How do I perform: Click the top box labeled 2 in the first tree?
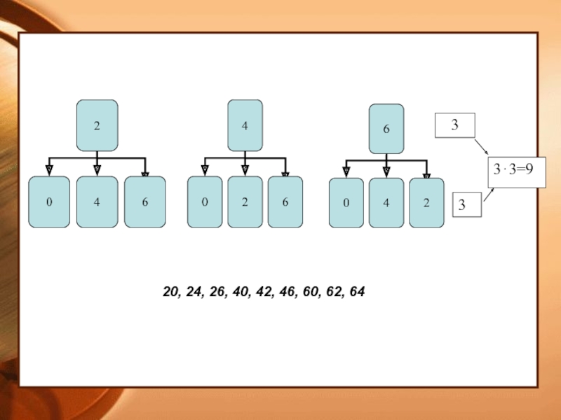pyautogui.click(x=97, y=125)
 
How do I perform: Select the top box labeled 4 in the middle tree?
pyautogui.click(x=245, y=125)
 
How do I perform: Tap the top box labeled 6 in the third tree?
pyautogui.click(x=386, y=129)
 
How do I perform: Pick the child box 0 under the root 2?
pyautogui.click(x=49, y=202)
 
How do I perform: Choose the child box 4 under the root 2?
pyautogui.click(x=97, y=202)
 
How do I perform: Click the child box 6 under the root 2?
pyautogui.click(x=145, y=202)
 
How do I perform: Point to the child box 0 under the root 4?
pyautogui.click(x=205, y=202)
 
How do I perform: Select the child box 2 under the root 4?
pyautogui.click(x=245, y=202)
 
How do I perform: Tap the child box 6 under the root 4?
pyautogui.click(x=285, y=202)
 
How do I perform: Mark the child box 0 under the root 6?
pyautogui.click(x=346, y=203)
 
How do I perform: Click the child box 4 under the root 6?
pyautogui.click(x=386, y=203)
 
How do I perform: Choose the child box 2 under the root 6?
pyautogui.click(x=426, y=203)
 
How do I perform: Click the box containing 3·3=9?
pyautogui.click(x=517, y=170)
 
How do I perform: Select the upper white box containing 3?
pyautogui.click(x=455, y=126)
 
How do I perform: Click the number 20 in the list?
pyautogui.click(x=170, y=290)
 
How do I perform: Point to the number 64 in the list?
pyautogui.click(x=356, y=290)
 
